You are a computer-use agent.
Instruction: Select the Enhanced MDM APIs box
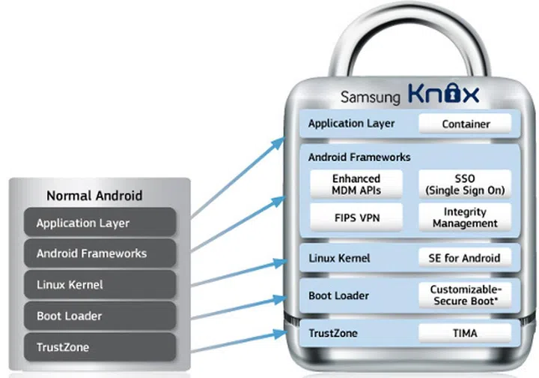[x=356, y=184]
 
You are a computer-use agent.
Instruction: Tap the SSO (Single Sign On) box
[x=464, y=184]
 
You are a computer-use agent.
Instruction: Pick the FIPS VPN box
[x=356, y=217]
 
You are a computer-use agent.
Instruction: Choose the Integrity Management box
[x=464, y=217]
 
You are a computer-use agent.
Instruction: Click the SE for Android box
[x=464, y=258]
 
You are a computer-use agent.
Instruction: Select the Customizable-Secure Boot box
[x=464, y=295]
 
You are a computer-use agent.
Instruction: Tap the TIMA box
[x=464, y=333]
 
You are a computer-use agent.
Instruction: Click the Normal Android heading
[x=94, y=196]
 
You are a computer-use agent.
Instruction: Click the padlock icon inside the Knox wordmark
[x=451, y=94]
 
